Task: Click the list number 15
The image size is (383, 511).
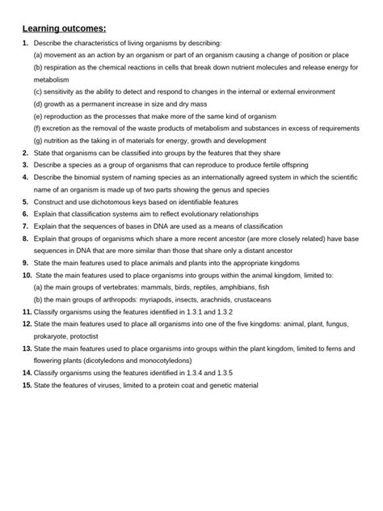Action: pyautogui.click(x=27, y=386)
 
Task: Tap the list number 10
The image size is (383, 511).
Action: pyautogui.click(x=27, y=276)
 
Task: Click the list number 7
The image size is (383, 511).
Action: pyautogui.click(x=26, y=226)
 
